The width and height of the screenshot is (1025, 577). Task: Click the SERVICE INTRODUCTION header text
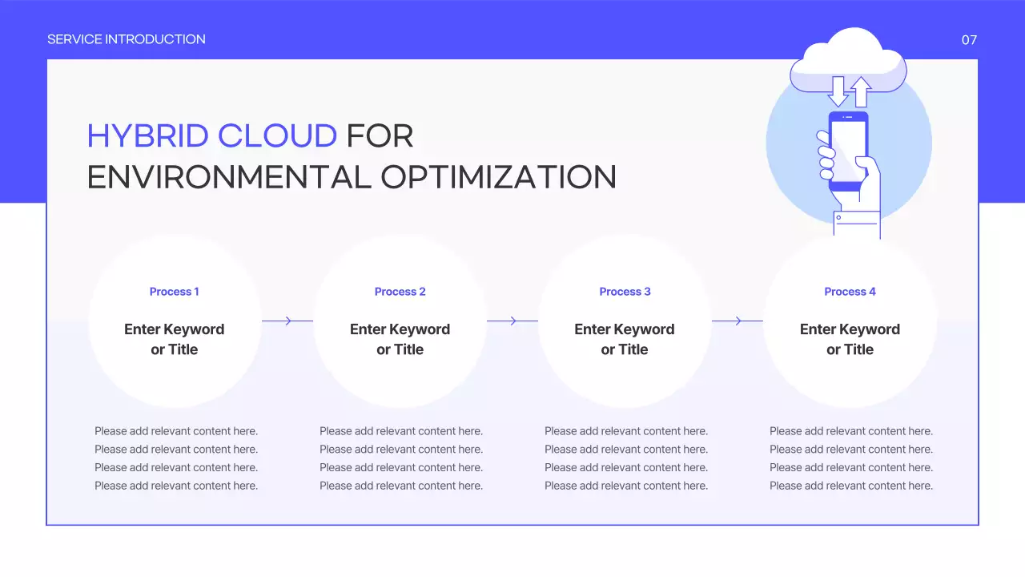pyautogui.click(x=126, y=39)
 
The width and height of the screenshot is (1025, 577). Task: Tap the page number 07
pyautogui.click(x=969, y=40)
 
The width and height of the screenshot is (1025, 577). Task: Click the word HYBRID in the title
pyautogui.click(x=147, y=136)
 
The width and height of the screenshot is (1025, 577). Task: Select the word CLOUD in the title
pyautogui.click(x=277, y=136)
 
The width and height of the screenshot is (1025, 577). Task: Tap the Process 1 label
pyautogui.click(x=174, y=292)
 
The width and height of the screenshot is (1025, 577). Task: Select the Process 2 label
pyautogui.click(x=400, y=292)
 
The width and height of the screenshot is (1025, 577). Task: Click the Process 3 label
pyautogui.click(x=625, y=292)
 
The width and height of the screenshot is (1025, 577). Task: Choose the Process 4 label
pyautogui.click(x=850, y=292)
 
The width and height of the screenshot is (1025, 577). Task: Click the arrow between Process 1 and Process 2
pyautogui.click(x=287, y=321)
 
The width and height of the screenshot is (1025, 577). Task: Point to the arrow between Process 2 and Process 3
pyautogui.click(x=512, y=321)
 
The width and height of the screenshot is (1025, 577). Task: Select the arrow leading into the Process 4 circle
pyautogui.click(x=738, y=321)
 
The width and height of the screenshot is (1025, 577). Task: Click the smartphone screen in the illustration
pyautogui.click(x=848, y=150)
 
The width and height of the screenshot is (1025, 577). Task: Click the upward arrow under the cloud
pyautogui.click(x=861, y=91)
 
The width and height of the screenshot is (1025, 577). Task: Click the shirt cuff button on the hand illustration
pyautogui.click(x=838, y=217)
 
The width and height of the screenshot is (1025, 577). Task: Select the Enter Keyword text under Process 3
pyautogui.click(x=625, y=329)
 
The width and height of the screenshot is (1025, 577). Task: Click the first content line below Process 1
pyautogui.click(x=176, y=431)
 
